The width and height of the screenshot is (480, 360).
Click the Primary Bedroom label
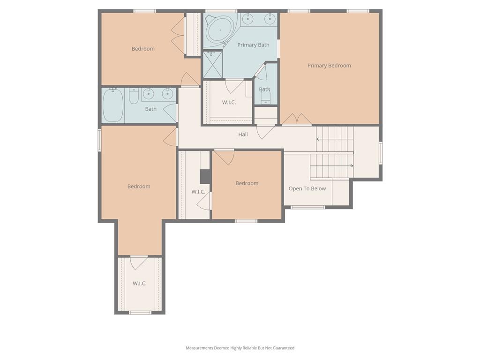pyautogui.click(x=329, y=66)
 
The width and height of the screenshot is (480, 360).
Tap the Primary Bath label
pyautogui.click(x=253, y=45)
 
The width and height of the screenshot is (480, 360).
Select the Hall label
pyautogui.click(x=243, y=135)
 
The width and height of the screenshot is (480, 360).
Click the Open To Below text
pyautogui.click(x=307, y=188)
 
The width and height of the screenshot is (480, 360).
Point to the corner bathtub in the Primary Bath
pyautogui.click(x=220, y=30)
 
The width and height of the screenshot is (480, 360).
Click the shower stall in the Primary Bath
pyautogui.click(x=213, y=65)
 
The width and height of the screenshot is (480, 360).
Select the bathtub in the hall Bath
pyautogui.click(x=113, y=105)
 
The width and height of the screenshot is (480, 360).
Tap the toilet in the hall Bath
pyautogui.click(x=134, y=96)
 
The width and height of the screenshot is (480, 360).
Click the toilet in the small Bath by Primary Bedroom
pyautogui.click(x=265, y=98)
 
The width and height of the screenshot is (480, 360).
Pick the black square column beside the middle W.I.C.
pyautogui.click(x=205, y=177)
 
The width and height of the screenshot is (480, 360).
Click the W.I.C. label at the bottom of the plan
pyautogui.click(x=139, y=284)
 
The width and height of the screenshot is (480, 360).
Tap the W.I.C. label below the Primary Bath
pyautogui.click(x=229, y=102)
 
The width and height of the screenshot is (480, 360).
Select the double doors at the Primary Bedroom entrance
pyautogui.click(x=297, y=119)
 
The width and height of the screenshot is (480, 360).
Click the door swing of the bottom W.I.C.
pyautogui.click(x=139, y=262)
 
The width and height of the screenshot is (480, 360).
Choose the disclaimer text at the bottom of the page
pyautogui.click(x=240, y=348)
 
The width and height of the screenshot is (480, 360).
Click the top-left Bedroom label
pyautogui.click(x=143, y=49)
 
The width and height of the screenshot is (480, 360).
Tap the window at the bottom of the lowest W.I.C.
pyautogui.click(x=140, y=313)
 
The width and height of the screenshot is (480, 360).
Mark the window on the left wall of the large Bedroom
pyautogui.click(x=99, y=140)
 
